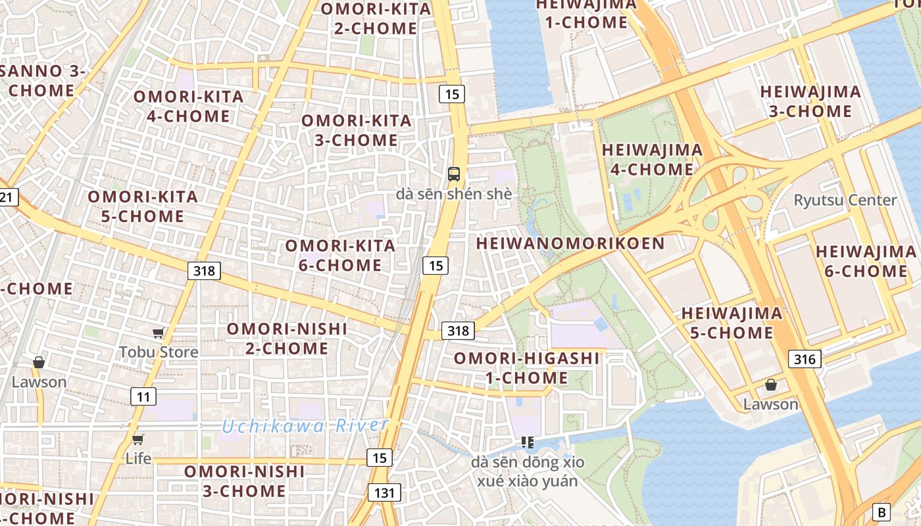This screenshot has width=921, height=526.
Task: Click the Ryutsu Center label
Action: (x=845, y=200)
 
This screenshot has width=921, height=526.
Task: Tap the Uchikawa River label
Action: (x=305, y=426)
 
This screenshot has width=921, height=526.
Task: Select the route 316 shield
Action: (x=804, y=358)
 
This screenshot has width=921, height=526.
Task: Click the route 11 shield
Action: (x=143, y=396)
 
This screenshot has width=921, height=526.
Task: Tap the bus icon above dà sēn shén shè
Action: (x=454, y=174)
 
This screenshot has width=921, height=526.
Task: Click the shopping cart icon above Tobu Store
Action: (x=158, y=333)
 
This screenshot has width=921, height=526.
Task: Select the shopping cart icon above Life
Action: (x=138, y=440)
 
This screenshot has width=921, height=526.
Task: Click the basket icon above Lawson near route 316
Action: (x=770, y=385)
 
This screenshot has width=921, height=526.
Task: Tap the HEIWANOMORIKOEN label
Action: (x=570, y=243)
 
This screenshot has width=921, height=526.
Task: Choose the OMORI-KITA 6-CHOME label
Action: (x=340, y=256)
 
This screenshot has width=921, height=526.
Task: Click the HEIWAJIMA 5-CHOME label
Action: (x=732, y=323)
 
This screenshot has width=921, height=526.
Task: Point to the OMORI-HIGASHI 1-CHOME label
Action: (x=526, y=368)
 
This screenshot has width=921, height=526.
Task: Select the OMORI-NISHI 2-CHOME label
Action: (x=287, y=339)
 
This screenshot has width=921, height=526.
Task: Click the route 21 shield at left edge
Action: (x=8, y=197)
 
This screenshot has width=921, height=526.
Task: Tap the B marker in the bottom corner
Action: (x=881, y=512)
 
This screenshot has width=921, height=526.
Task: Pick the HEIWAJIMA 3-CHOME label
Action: (x=810, y=101)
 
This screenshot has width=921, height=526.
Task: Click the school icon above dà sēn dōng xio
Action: (x=527, y=442)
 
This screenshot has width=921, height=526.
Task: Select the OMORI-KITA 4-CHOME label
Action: (x=188, y=107)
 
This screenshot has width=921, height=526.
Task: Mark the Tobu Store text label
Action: (x=159, y=352)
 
